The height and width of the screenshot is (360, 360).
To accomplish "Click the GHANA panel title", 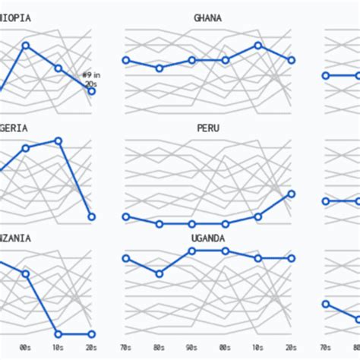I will tap(207, 17).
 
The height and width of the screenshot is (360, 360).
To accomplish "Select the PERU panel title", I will tap(207, 128).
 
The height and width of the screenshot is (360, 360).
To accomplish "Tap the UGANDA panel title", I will tap(207, 238).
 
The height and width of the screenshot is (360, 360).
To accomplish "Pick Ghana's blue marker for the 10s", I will tap(258, 46).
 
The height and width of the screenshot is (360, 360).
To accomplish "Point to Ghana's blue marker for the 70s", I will tap(126, 60).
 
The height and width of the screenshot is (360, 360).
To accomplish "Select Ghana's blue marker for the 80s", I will tap(159, 68).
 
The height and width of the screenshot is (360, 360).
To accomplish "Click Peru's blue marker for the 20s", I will tap(292, 194).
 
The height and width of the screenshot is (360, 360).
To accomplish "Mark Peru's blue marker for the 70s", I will tap(126, 216).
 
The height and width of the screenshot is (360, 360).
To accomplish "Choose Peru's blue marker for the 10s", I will tap(258, 216).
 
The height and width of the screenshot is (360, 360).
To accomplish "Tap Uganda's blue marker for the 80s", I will tap(159, 273).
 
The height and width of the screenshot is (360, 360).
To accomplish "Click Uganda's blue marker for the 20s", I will tap(292, 258).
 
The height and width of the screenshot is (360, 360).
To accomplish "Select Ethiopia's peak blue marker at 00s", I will tap(25, 46).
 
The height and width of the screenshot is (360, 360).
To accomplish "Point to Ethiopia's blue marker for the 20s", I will tap(92, 91).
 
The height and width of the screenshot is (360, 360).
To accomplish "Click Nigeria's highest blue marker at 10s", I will tap(58, 141).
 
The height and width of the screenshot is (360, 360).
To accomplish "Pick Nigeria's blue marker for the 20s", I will tap(92, 216).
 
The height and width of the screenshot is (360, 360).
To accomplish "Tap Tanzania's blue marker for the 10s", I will tap(58, 333).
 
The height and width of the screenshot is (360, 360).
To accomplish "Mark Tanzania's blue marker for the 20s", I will tap(92, 333).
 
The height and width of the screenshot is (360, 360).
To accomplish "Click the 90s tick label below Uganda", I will tap(192, 348).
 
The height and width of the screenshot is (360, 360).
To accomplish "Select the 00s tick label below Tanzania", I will tap(25, 348).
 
